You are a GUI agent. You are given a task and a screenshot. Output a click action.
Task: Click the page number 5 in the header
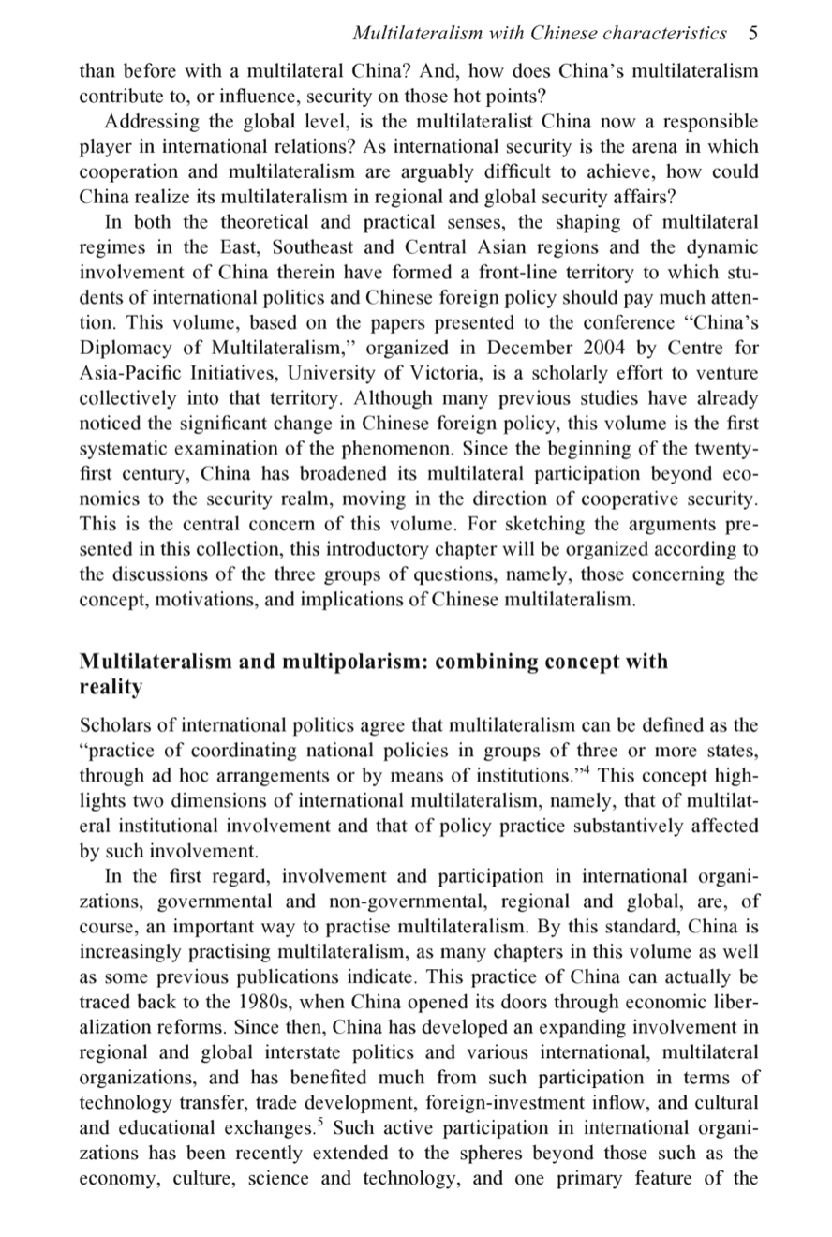tap(753, 35)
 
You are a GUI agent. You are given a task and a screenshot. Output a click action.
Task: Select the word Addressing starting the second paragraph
tap(149, 121)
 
